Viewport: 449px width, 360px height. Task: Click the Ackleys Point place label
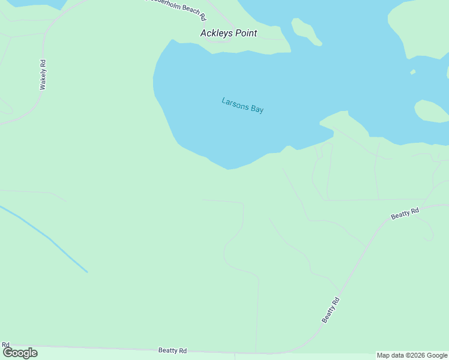pyautogui.click(x=228, y=33)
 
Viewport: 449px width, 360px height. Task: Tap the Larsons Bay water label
pyautogui.click(x=243, y=105)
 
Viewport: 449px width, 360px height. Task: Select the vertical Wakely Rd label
pyautogui.click(x=43, y=75)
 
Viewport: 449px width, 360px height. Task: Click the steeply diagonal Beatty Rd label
pyautogui.click(x=331, y=310)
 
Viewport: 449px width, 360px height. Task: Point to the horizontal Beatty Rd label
pyautogui.click(x=172, y=350)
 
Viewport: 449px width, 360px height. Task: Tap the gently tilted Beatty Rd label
pyautogui.click(x=405, y=213)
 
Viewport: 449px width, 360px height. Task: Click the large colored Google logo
pyautogui.click(x=20, y=353)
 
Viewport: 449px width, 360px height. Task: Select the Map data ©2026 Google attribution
pyautogui.click(x=412, y=355)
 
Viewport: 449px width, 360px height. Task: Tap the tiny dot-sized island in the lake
pyautogui.click(x=413, y=73)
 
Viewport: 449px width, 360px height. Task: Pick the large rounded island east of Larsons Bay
pyautogui.click(x=430, y=111)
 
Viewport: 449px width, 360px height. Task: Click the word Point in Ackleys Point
pyautogui.click(x=246, y=33)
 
